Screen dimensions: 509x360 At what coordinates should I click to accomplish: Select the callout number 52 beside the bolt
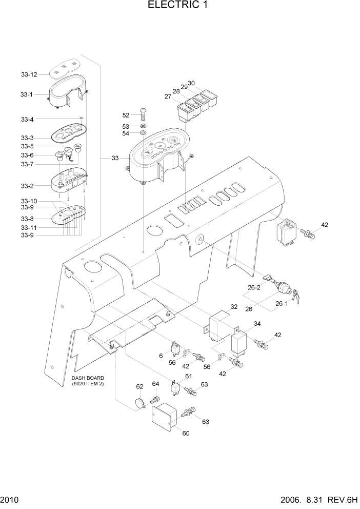(x=126, y=115)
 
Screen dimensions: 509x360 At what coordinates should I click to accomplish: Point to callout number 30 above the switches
(x=191, y=83)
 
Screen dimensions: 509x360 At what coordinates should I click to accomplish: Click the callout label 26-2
(x=255, y=288)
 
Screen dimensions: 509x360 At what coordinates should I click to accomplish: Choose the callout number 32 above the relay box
(x=234, y=307)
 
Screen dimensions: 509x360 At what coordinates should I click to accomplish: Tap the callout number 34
(x=257, y=323)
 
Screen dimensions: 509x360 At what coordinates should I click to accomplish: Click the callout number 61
(x=188, y=377)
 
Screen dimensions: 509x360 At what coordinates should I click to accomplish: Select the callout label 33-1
(x=27, y=95)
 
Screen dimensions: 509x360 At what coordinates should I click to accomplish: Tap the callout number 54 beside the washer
(x=126, y=133)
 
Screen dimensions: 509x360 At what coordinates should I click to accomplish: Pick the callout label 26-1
(x=282, y=303)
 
